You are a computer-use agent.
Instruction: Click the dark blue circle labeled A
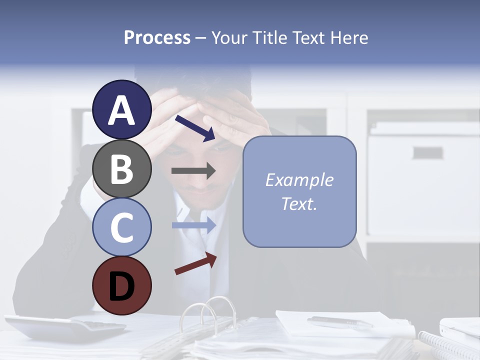click(x=121, y=110)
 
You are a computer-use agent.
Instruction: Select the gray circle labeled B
click(x=121, y=168)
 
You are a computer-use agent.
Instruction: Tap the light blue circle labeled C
click(x=121, y=227)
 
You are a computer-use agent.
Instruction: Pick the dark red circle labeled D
click(x=121, y=285)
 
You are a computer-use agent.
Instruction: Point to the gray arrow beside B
click(x=193, y=171)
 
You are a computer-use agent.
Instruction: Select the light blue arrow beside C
click(x=194, y=225)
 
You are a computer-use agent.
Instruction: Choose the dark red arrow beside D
click(x=195, y=263)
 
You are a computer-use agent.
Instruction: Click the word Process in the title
click(x=157, y=38)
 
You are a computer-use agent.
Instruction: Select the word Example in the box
click(x=299, y=180)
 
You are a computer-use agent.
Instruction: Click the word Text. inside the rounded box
click(x=299, y=203)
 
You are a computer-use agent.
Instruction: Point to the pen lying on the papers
click(x=340, y=322)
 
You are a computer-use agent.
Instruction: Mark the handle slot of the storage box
click(x=427, y=152)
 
